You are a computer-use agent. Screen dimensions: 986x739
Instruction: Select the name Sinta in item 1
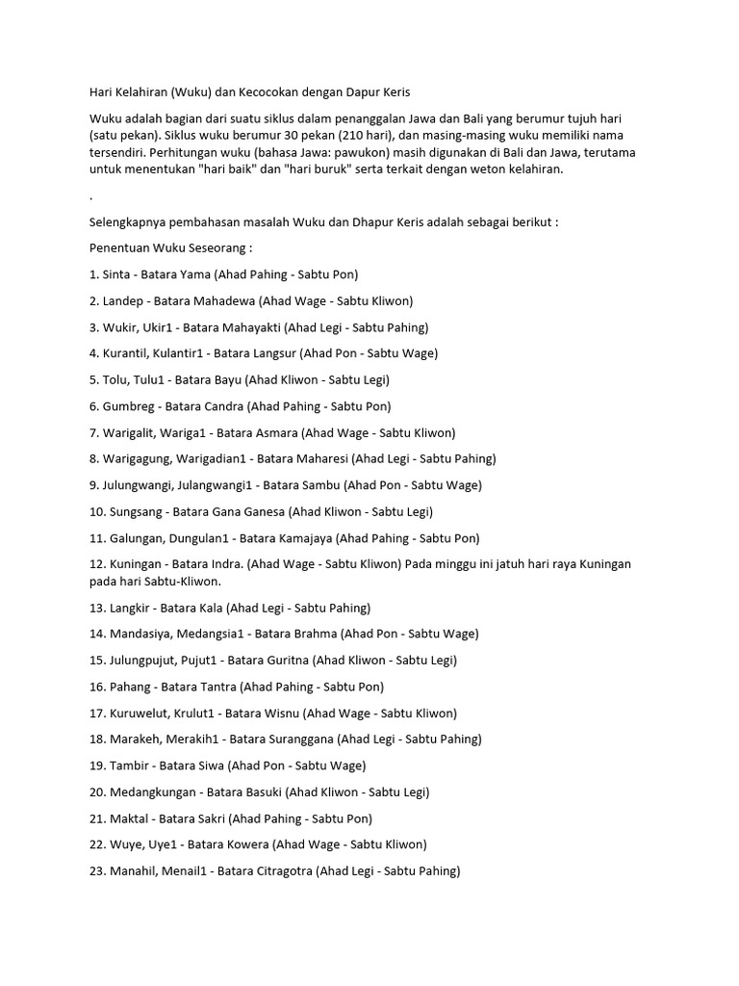116,273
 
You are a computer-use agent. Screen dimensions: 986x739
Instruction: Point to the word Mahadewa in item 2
225,300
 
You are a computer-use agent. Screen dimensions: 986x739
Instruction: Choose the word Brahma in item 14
310,634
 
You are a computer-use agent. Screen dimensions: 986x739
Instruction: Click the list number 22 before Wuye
95,844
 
